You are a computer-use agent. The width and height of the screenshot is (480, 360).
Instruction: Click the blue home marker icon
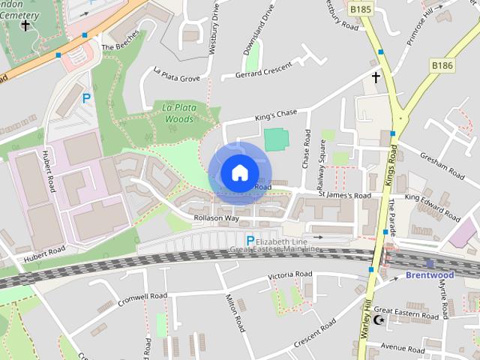pos(238,173)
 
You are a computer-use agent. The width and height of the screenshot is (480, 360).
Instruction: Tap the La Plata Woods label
pos(179,113)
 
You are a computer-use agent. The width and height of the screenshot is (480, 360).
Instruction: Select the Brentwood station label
pos(430,274)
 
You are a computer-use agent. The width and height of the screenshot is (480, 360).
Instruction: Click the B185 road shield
pos(361,9)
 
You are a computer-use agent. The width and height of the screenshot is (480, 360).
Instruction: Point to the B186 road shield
pos(442,67)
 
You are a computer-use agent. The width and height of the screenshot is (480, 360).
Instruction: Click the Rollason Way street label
pos(216,218)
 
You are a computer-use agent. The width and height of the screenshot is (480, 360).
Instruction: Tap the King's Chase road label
pos(276,115)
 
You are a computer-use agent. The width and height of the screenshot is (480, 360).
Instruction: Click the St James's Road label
pos(344,196)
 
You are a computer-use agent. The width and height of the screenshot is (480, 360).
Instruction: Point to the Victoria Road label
pos(290,275)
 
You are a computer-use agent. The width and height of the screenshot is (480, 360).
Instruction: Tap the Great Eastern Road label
pos(406,313)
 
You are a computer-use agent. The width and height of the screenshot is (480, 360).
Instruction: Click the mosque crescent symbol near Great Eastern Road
pos(379,320)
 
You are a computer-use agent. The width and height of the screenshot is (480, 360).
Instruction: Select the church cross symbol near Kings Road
pos(375,76)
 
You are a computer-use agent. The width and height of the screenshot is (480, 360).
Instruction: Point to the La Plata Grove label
pos(176,76)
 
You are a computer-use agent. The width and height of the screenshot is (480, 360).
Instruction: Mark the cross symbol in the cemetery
pos(25,25)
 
